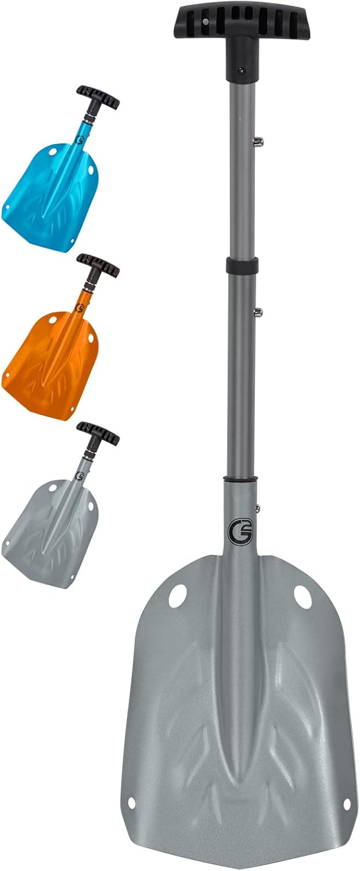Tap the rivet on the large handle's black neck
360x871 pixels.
[x=241, y=71]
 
